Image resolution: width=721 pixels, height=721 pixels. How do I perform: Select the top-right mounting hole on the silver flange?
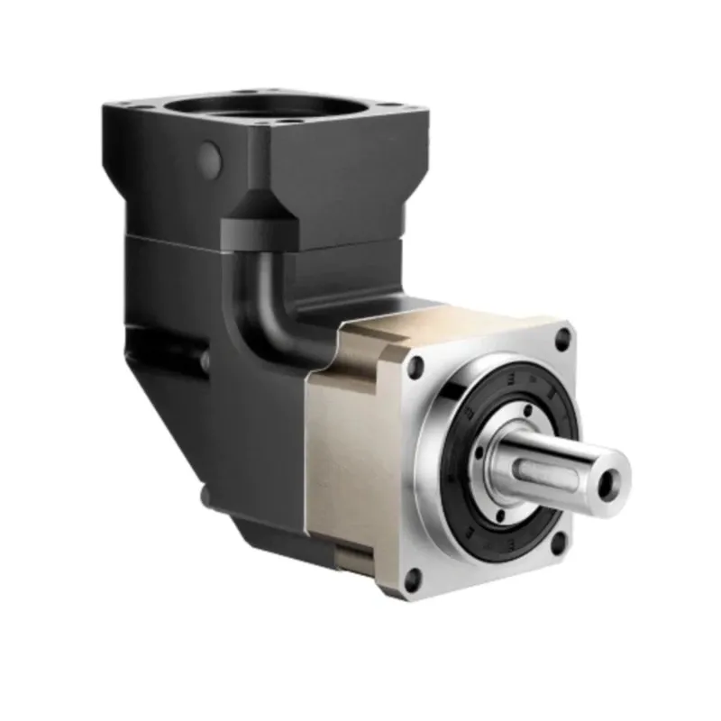click(x=564, y=340)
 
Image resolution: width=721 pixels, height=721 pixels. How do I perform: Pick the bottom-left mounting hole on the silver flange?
click(x=413, y=578)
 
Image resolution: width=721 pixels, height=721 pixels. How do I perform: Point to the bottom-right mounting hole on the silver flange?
click(x=559, y=543)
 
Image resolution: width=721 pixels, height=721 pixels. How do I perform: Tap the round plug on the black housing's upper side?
click(x=210, y=159)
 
